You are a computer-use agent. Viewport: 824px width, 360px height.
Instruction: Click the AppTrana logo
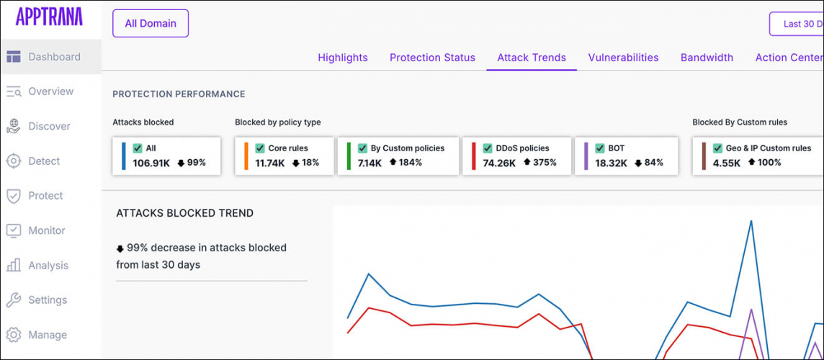[49, 17]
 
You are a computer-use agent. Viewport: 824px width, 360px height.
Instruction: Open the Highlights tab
[342, 58]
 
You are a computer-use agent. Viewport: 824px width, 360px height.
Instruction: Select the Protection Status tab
[432, 58]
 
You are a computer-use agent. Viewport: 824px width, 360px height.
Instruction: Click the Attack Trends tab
[532, 58]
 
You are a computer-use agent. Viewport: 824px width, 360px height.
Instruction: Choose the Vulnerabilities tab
[623, 58]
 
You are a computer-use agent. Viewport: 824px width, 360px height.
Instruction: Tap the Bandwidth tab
[707, 58]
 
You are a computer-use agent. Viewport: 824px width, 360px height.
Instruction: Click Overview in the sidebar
[50, 91]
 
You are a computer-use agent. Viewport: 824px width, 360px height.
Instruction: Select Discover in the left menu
[49, 126]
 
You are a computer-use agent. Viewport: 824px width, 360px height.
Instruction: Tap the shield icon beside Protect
[13, 196]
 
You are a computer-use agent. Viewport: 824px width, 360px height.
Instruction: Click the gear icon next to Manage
[13, 335]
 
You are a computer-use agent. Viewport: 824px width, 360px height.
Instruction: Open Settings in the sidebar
[48, 300]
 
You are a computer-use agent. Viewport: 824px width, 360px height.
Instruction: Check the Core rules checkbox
[260, 148]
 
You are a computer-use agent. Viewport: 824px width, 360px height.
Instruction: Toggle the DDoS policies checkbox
[488, 148]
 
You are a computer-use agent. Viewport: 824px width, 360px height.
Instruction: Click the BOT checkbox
[599, 148]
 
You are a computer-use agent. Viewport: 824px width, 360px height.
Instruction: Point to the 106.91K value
[151, 163]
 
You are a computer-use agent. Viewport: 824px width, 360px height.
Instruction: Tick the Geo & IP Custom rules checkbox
[717, 148]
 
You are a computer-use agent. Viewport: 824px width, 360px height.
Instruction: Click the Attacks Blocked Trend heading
[184, 213]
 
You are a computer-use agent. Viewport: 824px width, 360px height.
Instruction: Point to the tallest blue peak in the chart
[751, 221]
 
